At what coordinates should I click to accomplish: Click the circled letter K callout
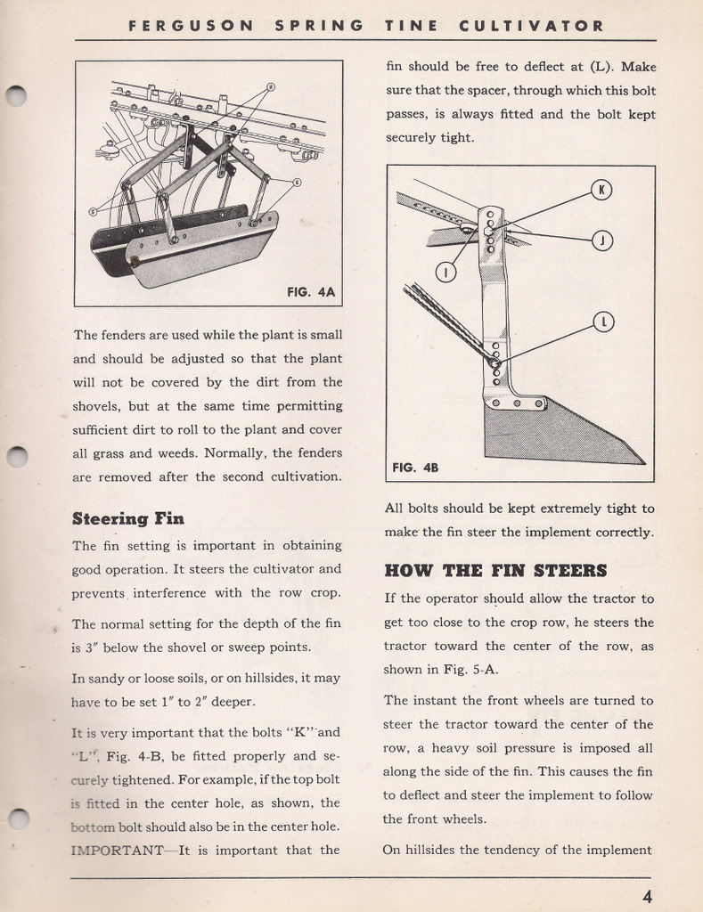point(601,190)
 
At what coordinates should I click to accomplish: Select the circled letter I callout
point(446,272)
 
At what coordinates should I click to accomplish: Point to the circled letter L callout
point(602,322)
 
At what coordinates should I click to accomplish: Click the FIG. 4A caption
point(311,291)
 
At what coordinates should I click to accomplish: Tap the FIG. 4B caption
point(415,468)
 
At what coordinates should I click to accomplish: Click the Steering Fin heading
point(127,518)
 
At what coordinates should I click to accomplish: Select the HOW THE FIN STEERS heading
point(495,571)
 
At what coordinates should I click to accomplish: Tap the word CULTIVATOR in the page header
point(531,26)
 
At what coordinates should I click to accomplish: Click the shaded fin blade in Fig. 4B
point(552,432)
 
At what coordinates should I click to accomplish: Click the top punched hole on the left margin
point(14,94)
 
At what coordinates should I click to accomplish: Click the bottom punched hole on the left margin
point(14,819)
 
